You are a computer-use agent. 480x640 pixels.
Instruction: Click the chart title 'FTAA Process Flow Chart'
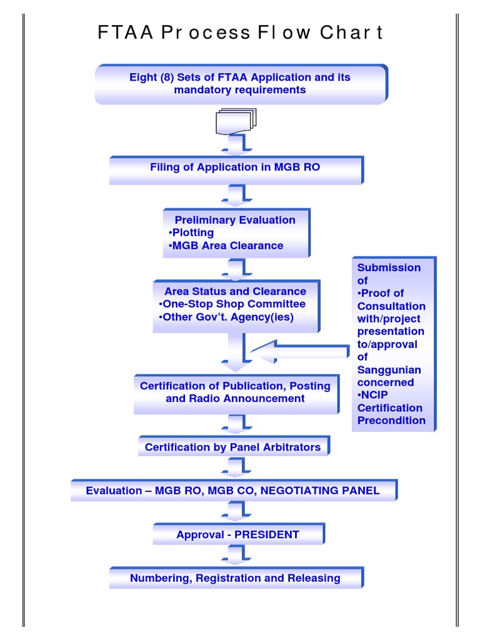coord(240,32)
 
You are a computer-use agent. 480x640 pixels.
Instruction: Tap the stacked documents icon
coord(236,121)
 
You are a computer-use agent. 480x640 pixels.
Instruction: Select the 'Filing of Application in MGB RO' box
coord(235,167)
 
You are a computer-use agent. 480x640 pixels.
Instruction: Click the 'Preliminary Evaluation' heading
coord(235,220)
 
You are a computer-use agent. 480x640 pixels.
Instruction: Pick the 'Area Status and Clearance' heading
coord(235,291)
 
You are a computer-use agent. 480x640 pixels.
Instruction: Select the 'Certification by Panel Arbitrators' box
coord(232,447)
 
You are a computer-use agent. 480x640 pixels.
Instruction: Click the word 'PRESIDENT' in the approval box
coord(267,534)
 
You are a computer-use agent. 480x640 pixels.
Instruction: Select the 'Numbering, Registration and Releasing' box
coord(235,578)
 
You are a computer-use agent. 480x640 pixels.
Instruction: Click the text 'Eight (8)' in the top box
coord(151,77)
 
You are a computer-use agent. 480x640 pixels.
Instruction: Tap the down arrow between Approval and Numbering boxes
coord(236,554)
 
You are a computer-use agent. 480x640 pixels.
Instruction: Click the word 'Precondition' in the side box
coord(391,420)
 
